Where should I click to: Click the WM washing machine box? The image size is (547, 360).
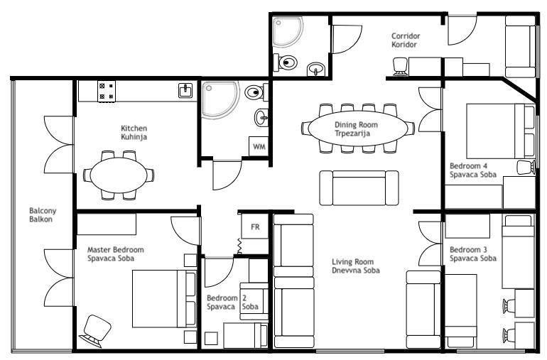(259, 146)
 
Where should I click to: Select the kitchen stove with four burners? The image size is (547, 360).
(107, 92)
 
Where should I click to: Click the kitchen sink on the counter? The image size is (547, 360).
(185, 91)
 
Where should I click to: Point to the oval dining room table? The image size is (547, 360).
(358, 129)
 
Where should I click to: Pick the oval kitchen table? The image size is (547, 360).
(119, 175)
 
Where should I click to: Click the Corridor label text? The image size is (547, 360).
(406, 36)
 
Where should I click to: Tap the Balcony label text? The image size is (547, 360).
(43, 211)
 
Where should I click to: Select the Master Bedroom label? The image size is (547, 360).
(116, 250)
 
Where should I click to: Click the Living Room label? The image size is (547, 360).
(352, 261)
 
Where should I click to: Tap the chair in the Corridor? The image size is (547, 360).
(400, 67)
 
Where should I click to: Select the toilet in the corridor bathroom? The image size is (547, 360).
(285, 62)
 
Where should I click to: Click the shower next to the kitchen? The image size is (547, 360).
(220, 100)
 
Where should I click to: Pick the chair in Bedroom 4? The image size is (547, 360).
(526, 167)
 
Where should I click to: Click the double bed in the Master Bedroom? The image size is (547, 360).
(164, 299)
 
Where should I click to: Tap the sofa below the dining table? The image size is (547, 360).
(359, 187)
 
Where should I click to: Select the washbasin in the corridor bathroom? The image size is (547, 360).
(316, 69)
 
